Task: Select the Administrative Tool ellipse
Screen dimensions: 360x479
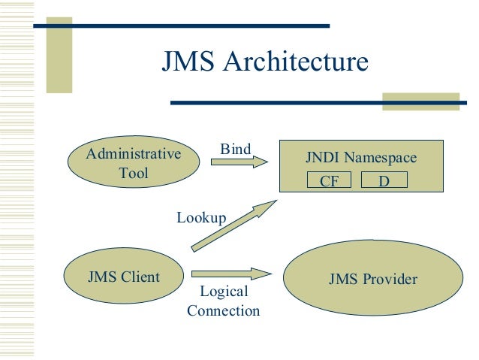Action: click(134, 163)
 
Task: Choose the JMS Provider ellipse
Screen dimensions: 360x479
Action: click(372, 280)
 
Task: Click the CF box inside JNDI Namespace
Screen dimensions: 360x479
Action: click(330, 180)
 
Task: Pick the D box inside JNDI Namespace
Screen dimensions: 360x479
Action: click(384, 180)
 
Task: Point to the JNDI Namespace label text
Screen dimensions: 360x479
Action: click(360, 159)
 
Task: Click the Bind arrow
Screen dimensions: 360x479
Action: click(239, 161)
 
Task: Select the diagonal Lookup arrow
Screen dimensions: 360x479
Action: click(232, 226)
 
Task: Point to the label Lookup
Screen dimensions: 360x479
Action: click(201, 218)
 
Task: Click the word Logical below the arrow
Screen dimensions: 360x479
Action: click(223, 292)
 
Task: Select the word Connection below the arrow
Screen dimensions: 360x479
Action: click(223, 310)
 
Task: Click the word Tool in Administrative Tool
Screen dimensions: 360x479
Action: click(134, 173)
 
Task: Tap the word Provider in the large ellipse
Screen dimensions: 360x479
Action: click(390, 280)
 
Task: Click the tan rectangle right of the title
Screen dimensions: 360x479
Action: click(420, 102)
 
